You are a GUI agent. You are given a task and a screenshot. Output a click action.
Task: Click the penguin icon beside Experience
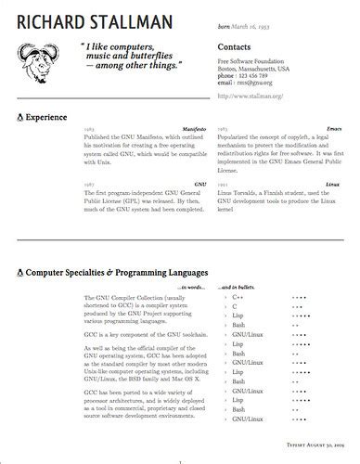coord(21,119)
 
